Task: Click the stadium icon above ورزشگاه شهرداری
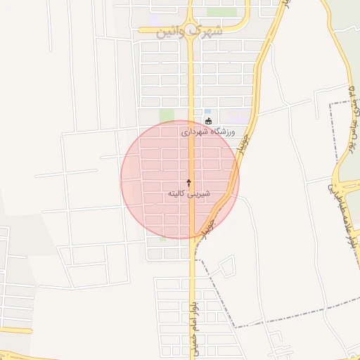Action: [208, 121]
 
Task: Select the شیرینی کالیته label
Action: [189, 193]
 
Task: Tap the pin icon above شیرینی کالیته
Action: [188, 182]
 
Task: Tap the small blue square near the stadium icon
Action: [207, 112]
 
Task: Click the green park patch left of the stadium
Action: [167, 115]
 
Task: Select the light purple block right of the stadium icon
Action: [238, 115]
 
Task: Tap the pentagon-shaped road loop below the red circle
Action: [226, 267]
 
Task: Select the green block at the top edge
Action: [221, 12]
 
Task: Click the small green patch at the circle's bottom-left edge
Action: [163, 235]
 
